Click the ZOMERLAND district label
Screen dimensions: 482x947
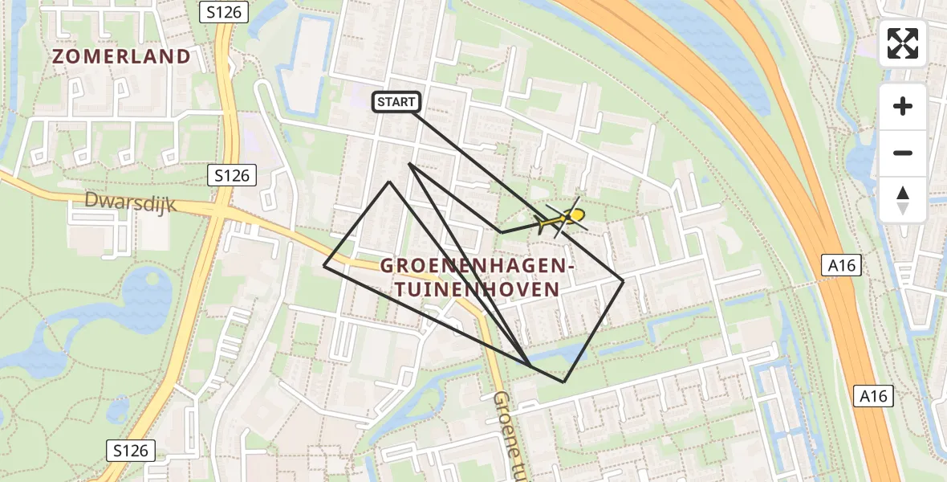click(122, 57)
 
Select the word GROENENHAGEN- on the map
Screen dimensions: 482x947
click(478, 266)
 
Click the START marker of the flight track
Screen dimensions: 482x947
click(396, 102)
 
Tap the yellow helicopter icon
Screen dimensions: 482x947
click(565, 217)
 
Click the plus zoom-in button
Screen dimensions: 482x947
click(903, 107)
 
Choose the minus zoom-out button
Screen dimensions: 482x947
click(903, 153)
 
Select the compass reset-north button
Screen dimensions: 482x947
click(903, 199)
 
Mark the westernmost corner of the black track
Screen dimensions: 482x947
click(324, 265)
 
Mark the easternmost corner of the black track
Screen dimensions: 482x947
click(624, 280)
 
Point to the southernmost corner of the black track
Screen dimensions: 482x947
click(564, 382)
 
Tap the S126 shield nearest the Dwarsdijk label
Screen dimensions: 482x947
click(232, 175)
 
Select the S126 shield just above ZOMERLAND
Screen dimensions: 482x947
click(225, 12)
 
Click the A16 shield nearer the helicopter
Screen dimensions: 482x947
click(841, 265)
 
